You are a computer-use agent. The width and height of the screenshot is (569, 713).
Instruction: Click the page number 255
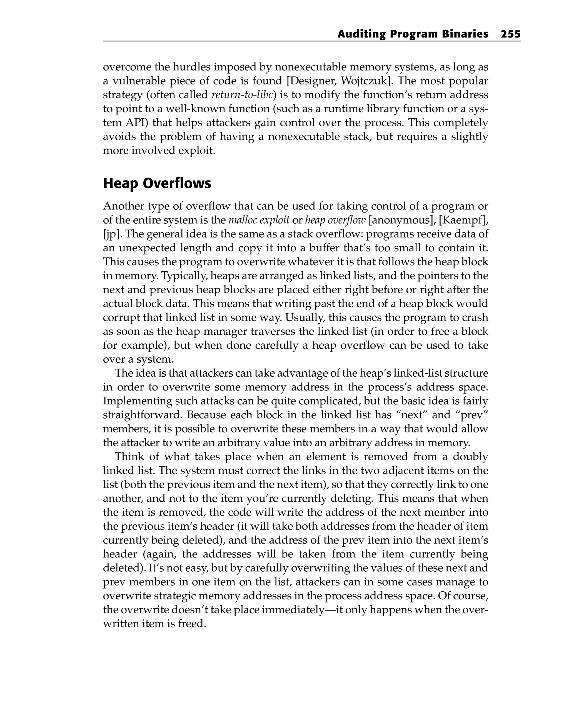point(510,34)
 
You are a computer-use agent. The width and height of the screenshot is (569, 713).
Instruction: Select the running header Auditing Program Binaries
point(413,34)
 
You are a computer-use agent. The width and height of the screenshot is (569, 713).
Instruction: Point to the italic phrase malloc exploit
point(259,220)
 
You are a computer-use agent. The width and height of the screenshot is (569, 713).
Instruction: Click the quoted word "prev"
point(474,415)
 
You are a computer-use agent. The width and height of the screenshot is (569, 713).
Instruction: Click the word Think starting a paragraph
point(128,457)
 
